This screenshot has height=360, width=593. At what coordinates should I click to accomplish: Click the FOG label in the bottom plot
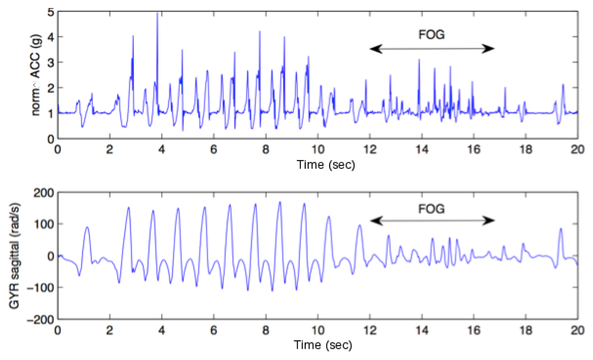[x=431, y=209]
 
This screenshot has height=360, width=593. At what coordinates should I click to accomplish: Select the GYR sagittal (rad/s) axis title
[x=14, y=255]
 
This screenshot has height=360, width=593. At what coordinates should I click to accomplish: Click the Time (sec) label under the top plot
[x=326, y=165]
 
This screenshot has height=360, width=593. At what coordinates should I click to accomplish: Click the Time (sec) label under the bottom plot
[x=323, y=345]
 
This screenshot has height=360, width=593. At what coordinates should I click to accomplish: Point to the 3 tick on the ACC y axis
[x=51, y=62]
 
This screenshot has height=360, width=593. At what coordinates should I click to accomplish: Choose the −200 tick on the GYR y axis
[x=41, y=319]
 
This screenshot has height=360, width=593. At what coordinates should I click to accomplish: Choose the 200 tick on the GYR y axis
[x=44, y=193]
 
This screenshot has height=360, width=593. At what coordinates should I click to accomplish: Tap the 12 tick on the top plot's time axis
[x=370, y=149]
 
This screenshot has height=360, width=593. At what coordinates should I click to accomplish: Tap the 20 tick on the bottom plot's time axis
[x=577, y=330]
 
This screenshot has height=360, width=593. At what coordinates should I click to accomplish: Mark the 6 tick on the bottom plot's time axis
[x=214, y=330]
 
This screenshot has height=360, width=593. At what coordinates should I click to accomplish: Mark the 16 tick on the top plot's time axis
[x=474, y=149]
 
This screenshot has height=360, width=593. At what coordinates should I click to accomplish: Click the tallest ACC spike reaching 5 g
[x=157, y=14]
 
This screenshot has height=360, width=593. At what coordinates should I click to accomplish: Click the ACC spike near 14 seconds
[x=419, y=60]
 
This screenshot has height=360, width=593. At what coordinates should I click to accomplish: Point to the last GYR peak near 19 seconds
[x=561, y=229]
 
